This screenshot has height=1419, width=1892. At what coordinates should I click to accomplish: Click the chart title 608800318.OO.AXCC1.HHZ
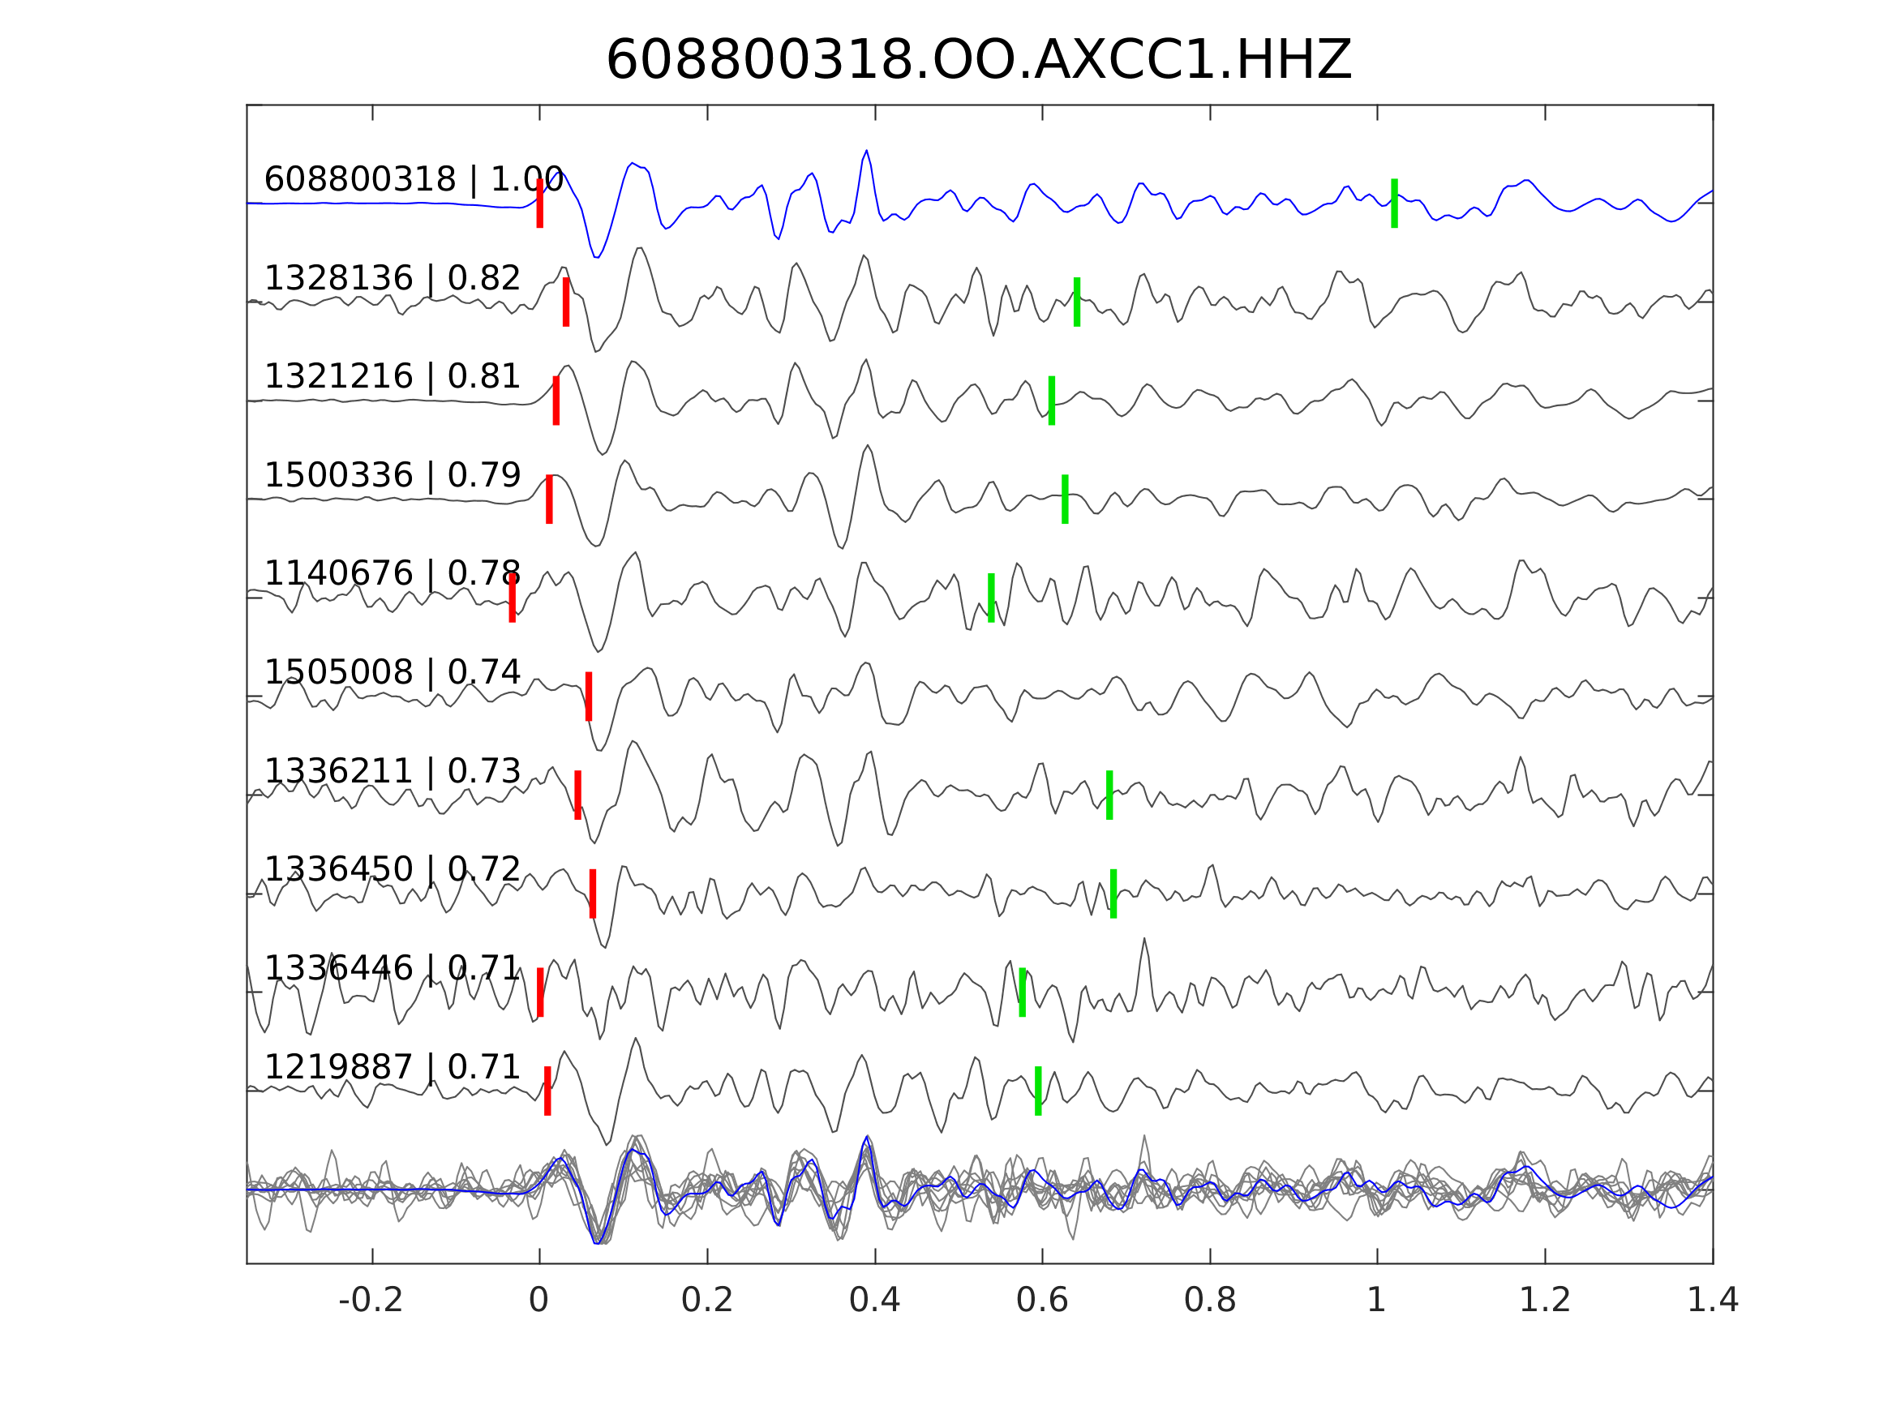[978, 61]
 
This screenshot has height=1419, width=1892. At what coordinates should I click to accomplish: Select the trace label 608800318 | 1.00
[413, 180]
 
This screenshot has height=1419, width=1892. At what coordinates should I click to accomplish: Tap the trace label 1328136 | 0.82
[392, 278]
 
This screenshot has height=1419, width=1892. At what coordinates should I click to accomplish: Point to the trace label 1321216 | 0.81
[392, 376]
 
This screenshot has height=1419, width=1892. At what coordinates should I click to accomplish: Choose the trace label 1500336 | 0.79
[392, 474]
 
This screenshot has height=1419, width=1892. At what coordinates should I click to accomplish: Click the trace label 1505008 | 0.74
[392, 672]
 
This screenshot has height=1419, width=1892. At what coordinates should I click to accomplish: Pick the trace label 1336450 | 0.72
[392, 869]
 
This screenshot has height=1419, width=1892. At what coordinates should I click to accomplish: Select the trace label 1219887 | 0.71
[392, 1067]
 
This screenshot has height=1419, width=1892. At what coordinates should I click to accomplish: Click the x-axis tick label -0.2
[371, 1301]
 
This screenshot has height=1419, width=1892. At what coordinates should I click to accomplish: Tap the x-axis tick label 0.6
[1042, 1301]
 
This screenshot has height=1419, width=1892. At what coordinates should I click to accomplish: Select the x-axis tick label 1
[1376, 1301]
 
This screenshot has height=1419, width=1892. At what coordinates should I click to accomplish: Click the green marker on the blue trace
[1394, 204]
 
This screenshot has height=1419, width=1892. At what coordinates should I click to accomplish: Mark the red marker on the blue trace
[540, 204]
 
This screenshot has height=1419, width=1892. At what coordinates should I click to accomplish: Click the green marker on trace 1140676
[991, 598]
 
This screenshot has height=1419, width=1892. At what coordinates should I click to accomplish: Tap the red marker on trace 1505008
[589, 697]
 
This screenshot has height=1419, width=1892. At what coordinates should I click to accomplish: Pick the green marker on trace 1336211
[1109, 795]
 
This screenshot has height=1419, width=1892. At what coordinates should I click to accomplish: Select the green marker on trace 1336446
[1022, 992]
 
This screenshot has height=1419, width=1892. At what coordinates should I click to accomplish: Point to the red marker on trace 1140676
[513, 598]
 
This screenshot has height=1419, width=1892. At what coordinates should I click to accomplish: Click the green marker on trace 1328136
[1077, 302]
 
